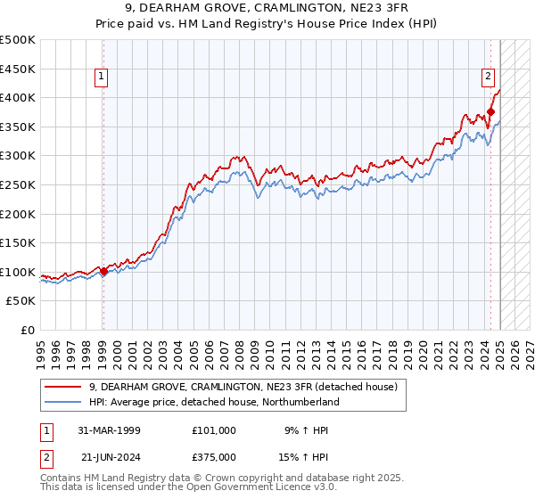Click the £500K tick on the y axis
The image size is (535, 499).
[x=18, y=40]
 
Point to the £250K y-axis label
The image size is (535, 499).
[x=18, y=184]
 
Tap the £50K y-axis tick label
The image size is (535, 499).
[x=21, y=300]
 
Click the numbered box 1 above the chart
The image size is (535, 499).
[x=103, y=78]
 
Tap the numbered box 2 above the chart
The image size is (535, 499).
[x=490, y=78]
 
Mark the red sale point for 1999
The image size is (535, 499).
[x=103, y=272]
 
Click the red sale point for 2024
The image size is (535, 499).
[x=490, y=112]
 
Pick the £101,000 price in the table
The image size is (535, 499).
[x=213, y=430]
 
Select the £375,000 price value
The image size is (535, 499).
[x=213, y=455]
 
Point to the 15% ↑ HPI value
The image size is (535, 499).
[x=305, y=455]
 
